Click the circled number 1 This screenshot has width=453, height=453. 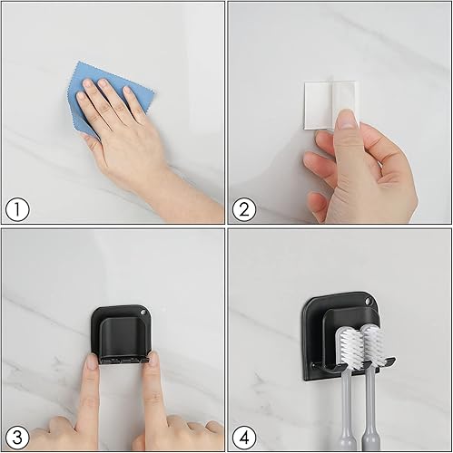(16, 210)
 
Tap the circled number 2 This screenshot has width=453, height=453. (244, 210)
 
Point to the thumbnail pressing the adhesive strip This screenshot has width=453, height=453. (346, 119)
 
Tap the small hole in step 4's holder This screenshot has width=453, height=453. (369, 302)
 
